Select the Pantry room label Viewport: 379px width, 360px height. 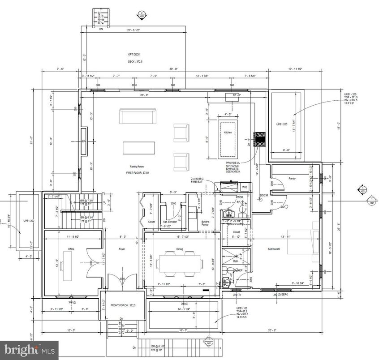coord(292,179)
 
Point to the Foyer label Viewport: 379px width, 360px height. coord(121,249)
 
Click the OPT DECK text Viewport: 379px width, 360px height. coord(134,54)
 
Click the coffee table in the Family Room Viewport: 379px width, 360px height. coord(139,148)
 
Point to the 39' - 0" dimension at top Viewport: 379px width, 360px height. coord(173,69)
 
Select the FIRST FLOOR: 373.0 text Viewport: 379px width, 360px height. coord(137,172)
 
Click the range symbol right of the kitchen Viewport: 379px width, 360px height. coord(260,139)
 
